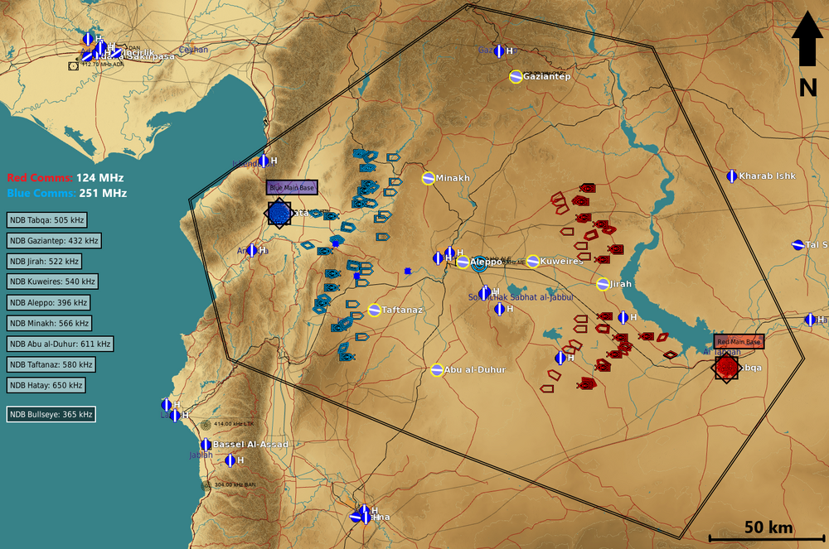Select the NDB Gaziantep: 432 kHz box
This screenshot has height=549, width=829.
[x=54, y=240]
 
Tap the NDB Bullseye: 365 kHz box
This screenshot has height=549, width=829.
[x=51, y=413]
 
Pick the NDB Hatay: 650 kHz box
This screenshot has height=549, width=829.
[x=46, y=385]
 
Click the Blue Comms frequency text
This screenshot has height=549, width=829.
[x=66, y=193]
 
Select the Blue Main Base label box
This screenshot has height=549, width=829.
[x=292, y=188]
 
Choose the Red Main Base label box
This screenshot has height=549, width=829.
[x=739, y=341]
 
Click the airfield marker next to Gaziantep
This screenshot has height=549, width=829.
[x=516, y=76]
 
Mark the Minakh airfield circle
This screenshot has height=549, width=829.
[x=429, y=178]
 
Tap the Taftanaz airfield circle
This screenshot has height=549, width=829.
[x=374, y=310]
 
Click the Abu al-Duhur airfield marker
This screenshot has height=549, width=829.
[x=437, y=369]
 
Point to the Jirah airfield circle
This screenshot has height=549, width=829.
[x=603, y=284]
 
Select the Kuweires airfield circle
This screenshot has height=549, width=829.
[x=532, y=262]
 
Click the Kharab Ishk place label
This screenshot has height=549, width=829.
[x=767, y=176]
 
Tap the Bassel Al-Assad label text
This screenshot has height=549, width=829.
[x=250, y=445]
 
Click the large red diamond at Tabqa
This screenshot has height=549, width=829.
[x=726, y=366]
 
